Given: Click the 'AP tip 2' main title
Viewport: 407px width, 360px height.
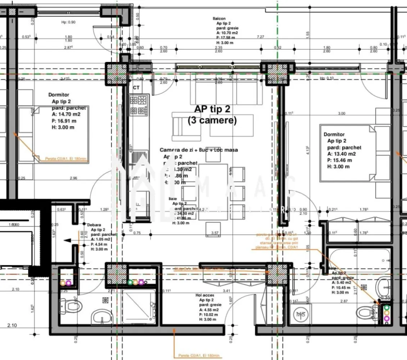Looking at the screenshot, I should [x=212, y=109].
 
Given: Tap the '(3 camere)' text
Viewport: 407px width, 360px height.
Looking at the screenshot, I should [x=212, y=121].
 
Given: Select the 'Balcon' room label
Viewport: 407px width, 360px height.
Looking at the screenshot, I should [x=219, y=18].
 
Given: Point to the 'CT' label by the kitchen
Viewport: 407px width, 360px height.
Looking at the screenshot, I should [x=136, y=87].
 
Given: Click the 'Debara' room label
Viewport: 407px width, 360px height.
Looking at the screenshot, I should [x=94, y=225].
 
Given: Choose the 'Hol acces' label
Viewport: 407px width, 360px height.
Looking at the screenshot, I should [x=205, y=295].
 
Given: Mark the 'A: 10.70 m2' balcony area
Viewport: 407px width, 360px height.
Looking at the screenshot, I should [x=227, y=33].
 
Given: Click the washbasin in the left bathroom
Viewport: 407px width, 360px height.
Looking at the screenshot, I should [x=102, y=317].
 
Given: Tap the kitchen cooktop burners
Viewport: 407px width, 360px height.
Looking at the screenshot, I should [x=139, y=105].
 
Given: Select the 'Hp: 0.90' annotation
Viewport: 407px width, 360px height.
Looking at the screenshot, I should [x=68, y=22].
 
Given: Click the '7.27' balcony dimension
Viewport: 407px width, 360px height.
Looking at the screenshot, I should [x=261, y=37].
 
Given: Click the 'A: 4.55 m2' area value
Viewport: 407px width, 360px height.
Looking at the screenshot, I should [x=209, y=310].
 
